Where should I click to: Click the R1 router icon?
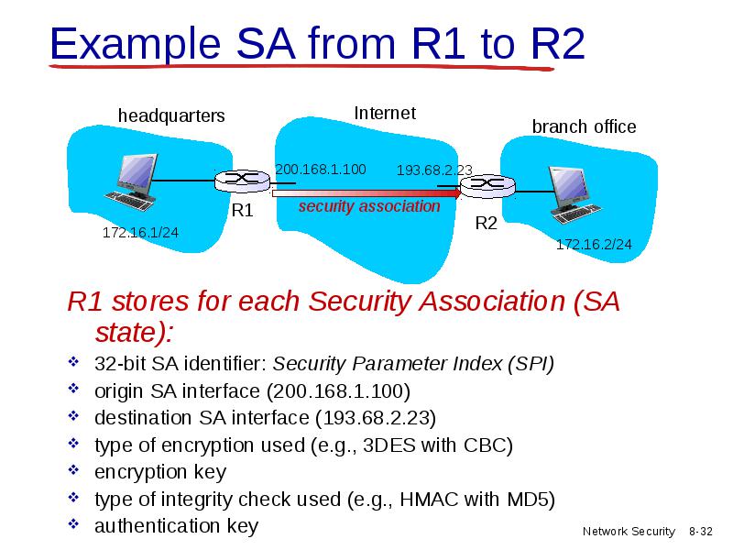242,181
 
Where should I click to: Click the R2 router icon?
488,186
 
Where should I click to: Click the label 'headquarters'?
171,116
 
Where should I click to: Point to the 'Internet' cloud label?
385,113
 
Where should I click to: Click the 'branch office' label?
584,126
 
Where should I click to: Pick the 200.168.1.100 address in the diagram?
321,170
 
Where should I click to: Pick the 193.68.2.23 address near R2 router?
434,170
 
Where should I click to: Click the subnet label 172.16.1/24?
140,233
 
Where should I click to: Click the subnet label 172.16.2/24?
594,244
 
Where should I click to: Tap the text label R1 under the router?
242,211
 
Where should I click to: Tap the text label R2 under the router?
487,223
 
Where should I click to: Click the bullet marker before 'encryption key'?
74,469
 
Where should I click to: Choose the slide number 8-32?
701,532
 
